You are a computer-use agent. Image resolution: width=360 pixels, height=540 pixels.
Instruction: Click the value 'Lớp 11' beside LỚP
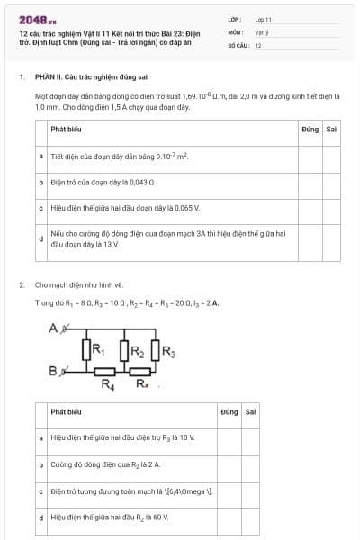coord(263,19)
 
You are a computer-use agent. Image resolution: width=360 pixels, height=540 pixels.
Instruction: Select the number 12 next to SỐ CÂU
coord(258,45)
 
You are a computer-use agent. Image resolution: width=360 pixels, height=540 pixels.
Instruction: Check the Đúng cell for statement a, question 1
coord(310,157)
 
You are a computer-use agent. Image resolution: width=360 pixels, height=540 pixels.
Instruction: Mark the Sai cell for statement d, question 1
coord(331,238)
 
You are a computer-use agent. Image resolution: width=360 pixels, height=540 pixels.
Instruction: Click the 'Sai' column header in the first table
coord(331,130)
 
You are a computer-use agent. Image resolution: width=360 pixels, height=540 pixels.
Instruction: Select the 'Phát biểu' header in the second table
coord(67,412)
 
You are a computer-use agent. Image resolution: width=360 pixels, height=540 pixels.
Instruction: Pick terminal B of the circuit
coord(53,370)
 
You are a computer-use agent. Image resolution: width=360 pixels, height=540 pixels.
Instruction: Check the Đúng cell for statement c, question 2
coord(229,491)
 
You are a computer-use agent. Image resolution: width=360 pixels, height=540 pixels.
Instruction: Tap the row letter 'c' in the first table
coord(41,208)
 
